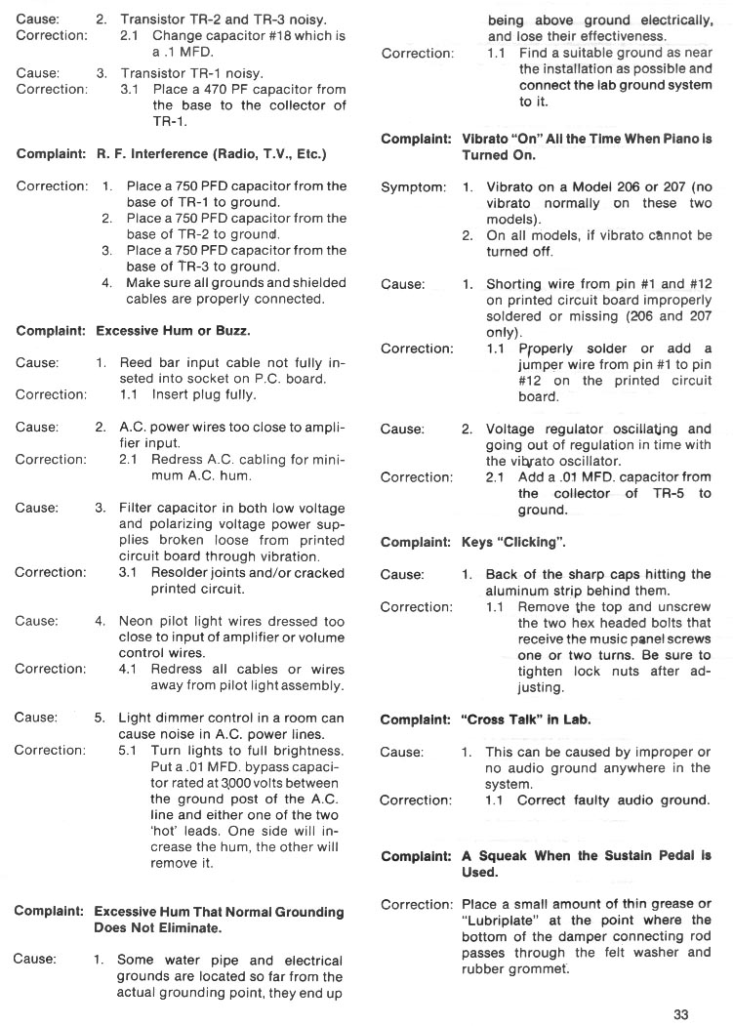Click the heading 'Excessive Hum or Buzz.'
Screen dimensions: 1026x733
pos(173,331)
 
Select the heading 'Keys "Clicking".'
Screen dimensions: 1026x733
pos(513,542)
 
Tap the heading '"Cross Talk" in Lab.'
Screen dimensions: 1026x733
pos(526,719)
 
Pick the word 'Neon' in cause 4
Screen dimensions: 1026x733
pos(140,621)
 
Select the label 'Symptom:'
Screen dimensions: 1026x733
pos(414,186)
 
